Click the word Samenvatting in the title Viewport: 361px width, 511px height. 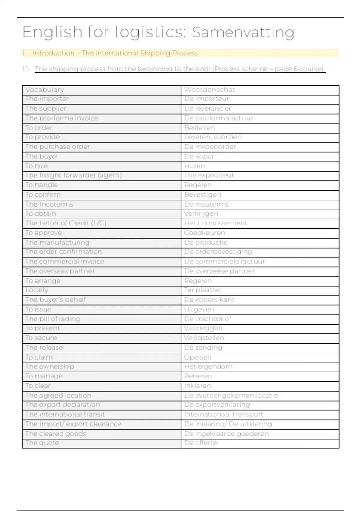(x=243, y=32)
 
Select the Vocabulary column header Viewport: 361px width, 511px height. (x=45, y=90)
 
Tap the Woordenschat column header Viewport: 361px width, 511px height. (x=209, y=90)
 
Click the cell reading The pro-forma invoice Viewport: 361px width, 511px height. (x=62, y=118)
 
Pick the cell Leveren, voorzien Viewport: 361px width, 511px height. (x=213, y=137)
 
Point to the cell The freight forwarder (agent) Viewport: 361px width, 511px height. (x=73, y=175)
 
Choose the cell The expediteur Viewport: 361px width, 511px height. (x=209, y=175)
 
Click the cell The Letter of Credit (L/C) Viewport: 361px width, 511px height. (x=66, y=223)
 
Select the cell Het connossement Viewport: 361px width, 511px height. (x=216, y=223)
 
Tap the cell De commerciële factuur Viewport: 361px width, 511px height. (x=224, y=262)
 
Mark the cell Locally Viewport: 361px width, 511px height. (x=37, y=290)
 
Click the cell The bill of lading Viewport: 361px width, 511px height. (x=53, y=319)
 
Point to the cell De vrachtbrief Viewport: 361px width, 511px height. (x=208, y=319)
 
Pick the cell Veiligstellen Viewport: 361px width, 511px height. (x=204, y=338)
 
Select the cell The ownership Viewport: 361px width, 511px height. (x=50, y=366)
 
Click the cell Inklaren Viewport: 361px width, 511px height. (x=198, y=386)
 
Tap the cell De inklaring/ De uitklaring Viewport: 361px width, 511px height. (x=228, y=424)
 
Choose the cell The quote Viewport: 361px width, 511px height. (x=42, y=443)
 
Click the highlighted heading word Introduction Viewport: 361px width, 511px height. (x=54, y=53)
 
